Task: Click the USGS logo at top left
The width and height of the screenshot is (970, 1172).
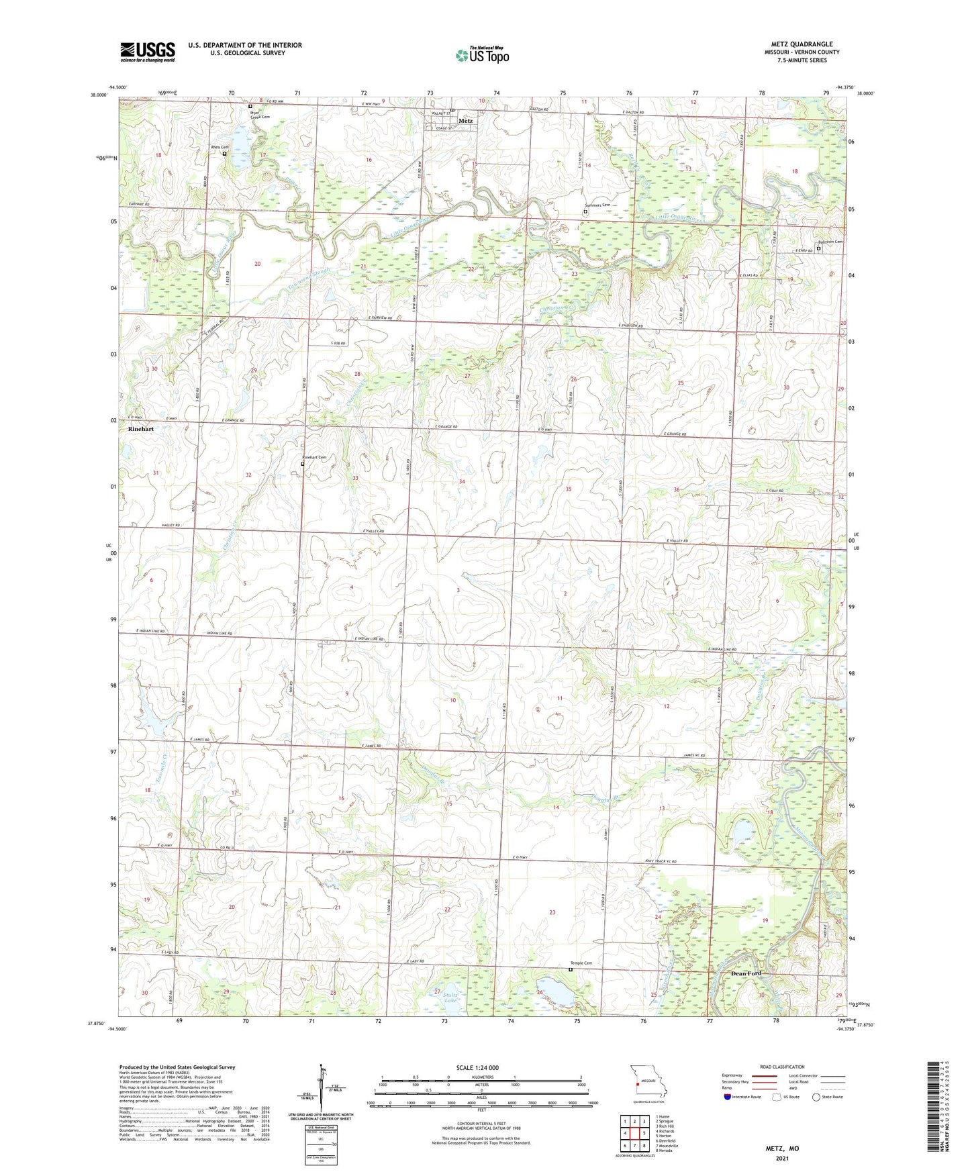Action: [148, 52]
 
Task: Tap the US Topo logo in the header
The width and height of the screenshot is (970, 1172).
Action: [481, 55]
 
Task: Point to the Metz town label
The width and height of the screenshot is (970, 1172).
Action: [465, 121]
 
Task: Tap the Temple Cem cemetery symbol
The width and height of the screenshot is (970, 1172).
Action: [571, 969]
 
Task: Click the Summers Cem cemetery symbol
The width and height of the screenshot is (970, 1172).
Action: [585, 212]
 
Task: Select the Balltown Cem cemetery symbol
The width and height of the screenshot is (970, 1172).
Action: [818, 249]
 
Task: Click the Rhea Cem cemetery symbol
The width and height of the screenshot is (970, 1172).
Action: [224, 154]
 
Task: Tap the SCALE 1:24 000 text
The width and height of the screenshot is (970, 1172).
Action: [481, 1068]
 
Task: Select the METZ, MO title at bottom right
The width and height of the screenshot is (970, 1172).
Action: [782, 1149]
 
